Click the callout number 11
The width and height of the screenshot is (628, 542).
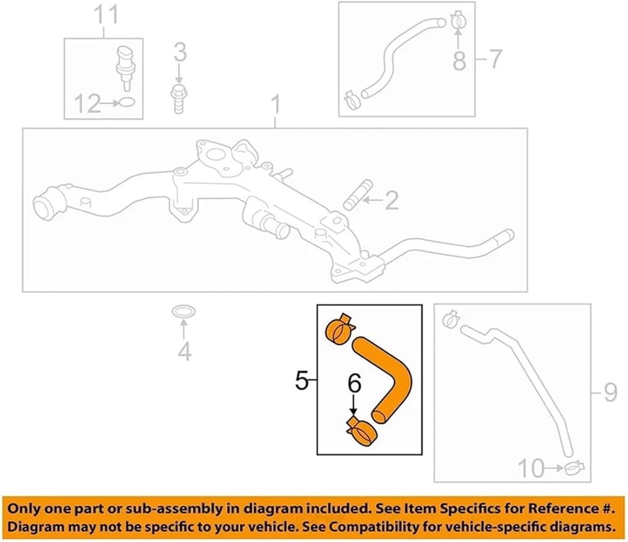coord(107,15)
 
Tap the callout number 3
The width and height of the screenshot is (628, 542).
coord(180,53)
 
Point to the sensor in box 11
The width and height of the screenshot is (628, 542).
coord(125,68)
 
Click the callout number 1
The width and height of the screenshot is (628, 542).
coord(276,105)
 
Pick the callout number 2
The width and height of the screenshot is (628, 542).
coord(391,200)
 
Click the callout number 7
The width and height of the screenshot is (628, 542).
coord(495,59)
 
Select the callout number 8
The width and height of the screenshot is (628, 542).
coord(459,60)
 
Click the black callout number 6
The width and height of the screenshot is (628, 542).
coord(354,383)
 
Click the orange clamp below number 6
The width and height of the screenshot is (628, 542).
coord(362,432)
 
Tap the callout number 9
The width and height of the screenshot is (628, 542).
coord(610,393)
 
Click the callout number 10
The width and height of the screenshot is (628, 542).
coord(531,468)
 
